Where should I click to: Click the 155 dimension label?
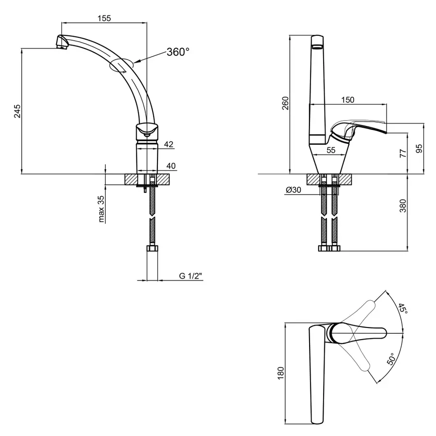point(104,18)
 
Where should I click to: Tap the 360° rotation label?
point(178,52)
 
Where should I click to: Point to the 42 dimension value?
point(169,144)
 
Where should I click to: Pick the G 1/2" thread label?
point(190,276)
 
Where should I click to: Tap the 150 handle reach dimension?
point(347,100)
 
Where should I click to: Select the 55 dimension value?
point(331,150)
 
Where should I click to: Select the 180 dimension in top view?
point(281,373)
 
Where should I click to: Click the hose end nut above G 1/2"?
point(152,249)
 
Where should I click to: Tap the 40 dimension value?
point(171,166)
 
